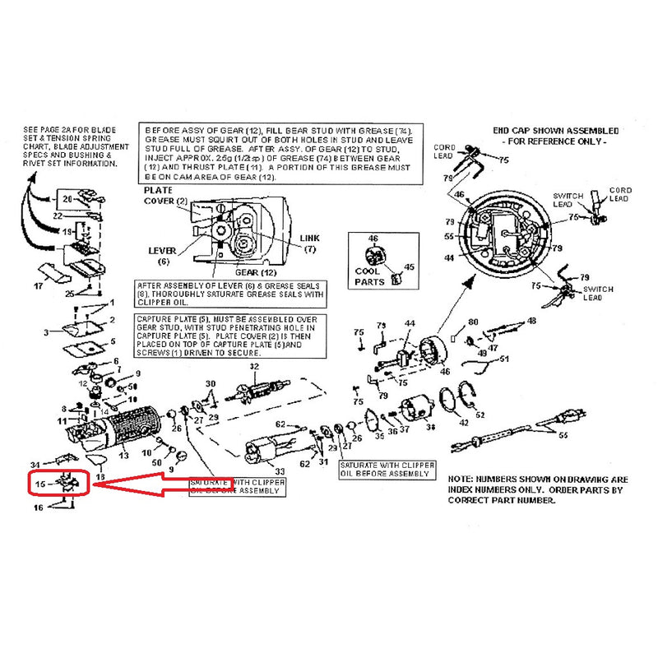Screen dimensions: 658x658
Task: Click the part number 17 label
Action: tap(37, 287)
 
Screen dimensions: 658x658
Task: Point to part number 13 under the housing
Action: tap(124, 455)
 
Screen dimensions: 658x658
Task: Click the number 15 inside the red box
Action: tap(39, 484)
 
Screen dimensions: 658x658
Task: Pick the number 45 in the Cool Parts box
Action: tap(409, 266)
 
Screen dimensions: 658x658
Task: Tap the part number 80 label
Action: tap(473, 322)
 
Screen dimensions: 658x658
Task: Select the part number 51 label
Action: tap(504, 359)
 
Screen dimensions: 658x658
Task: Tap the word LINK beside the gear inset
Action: tap(310, 238)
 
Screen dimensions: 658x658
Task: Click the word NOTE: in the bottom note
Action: tap(462, 478)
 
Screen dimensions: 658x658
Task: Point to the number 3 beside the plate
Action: tap(47, 331)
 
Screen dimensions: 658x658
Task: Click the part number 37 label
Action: tap(405, 431)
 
